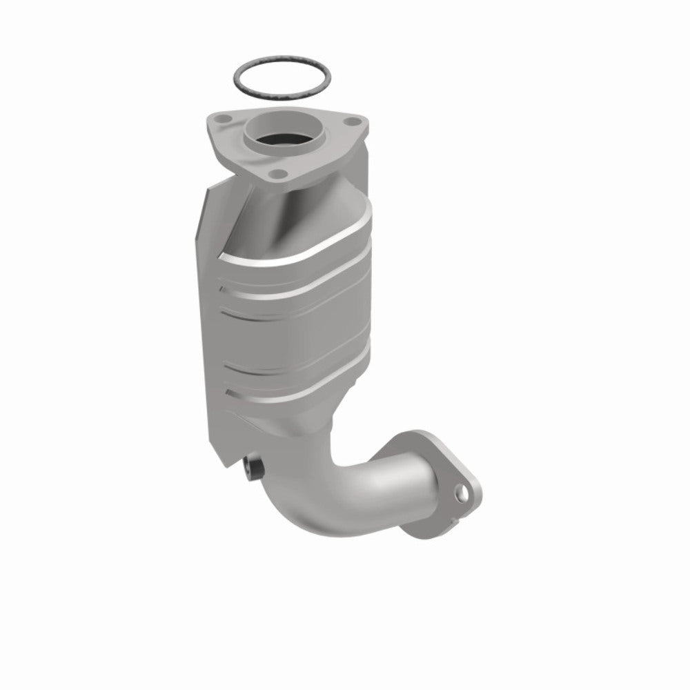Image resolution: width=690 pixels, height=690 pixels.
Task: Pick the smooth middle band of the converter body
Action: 297,338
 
